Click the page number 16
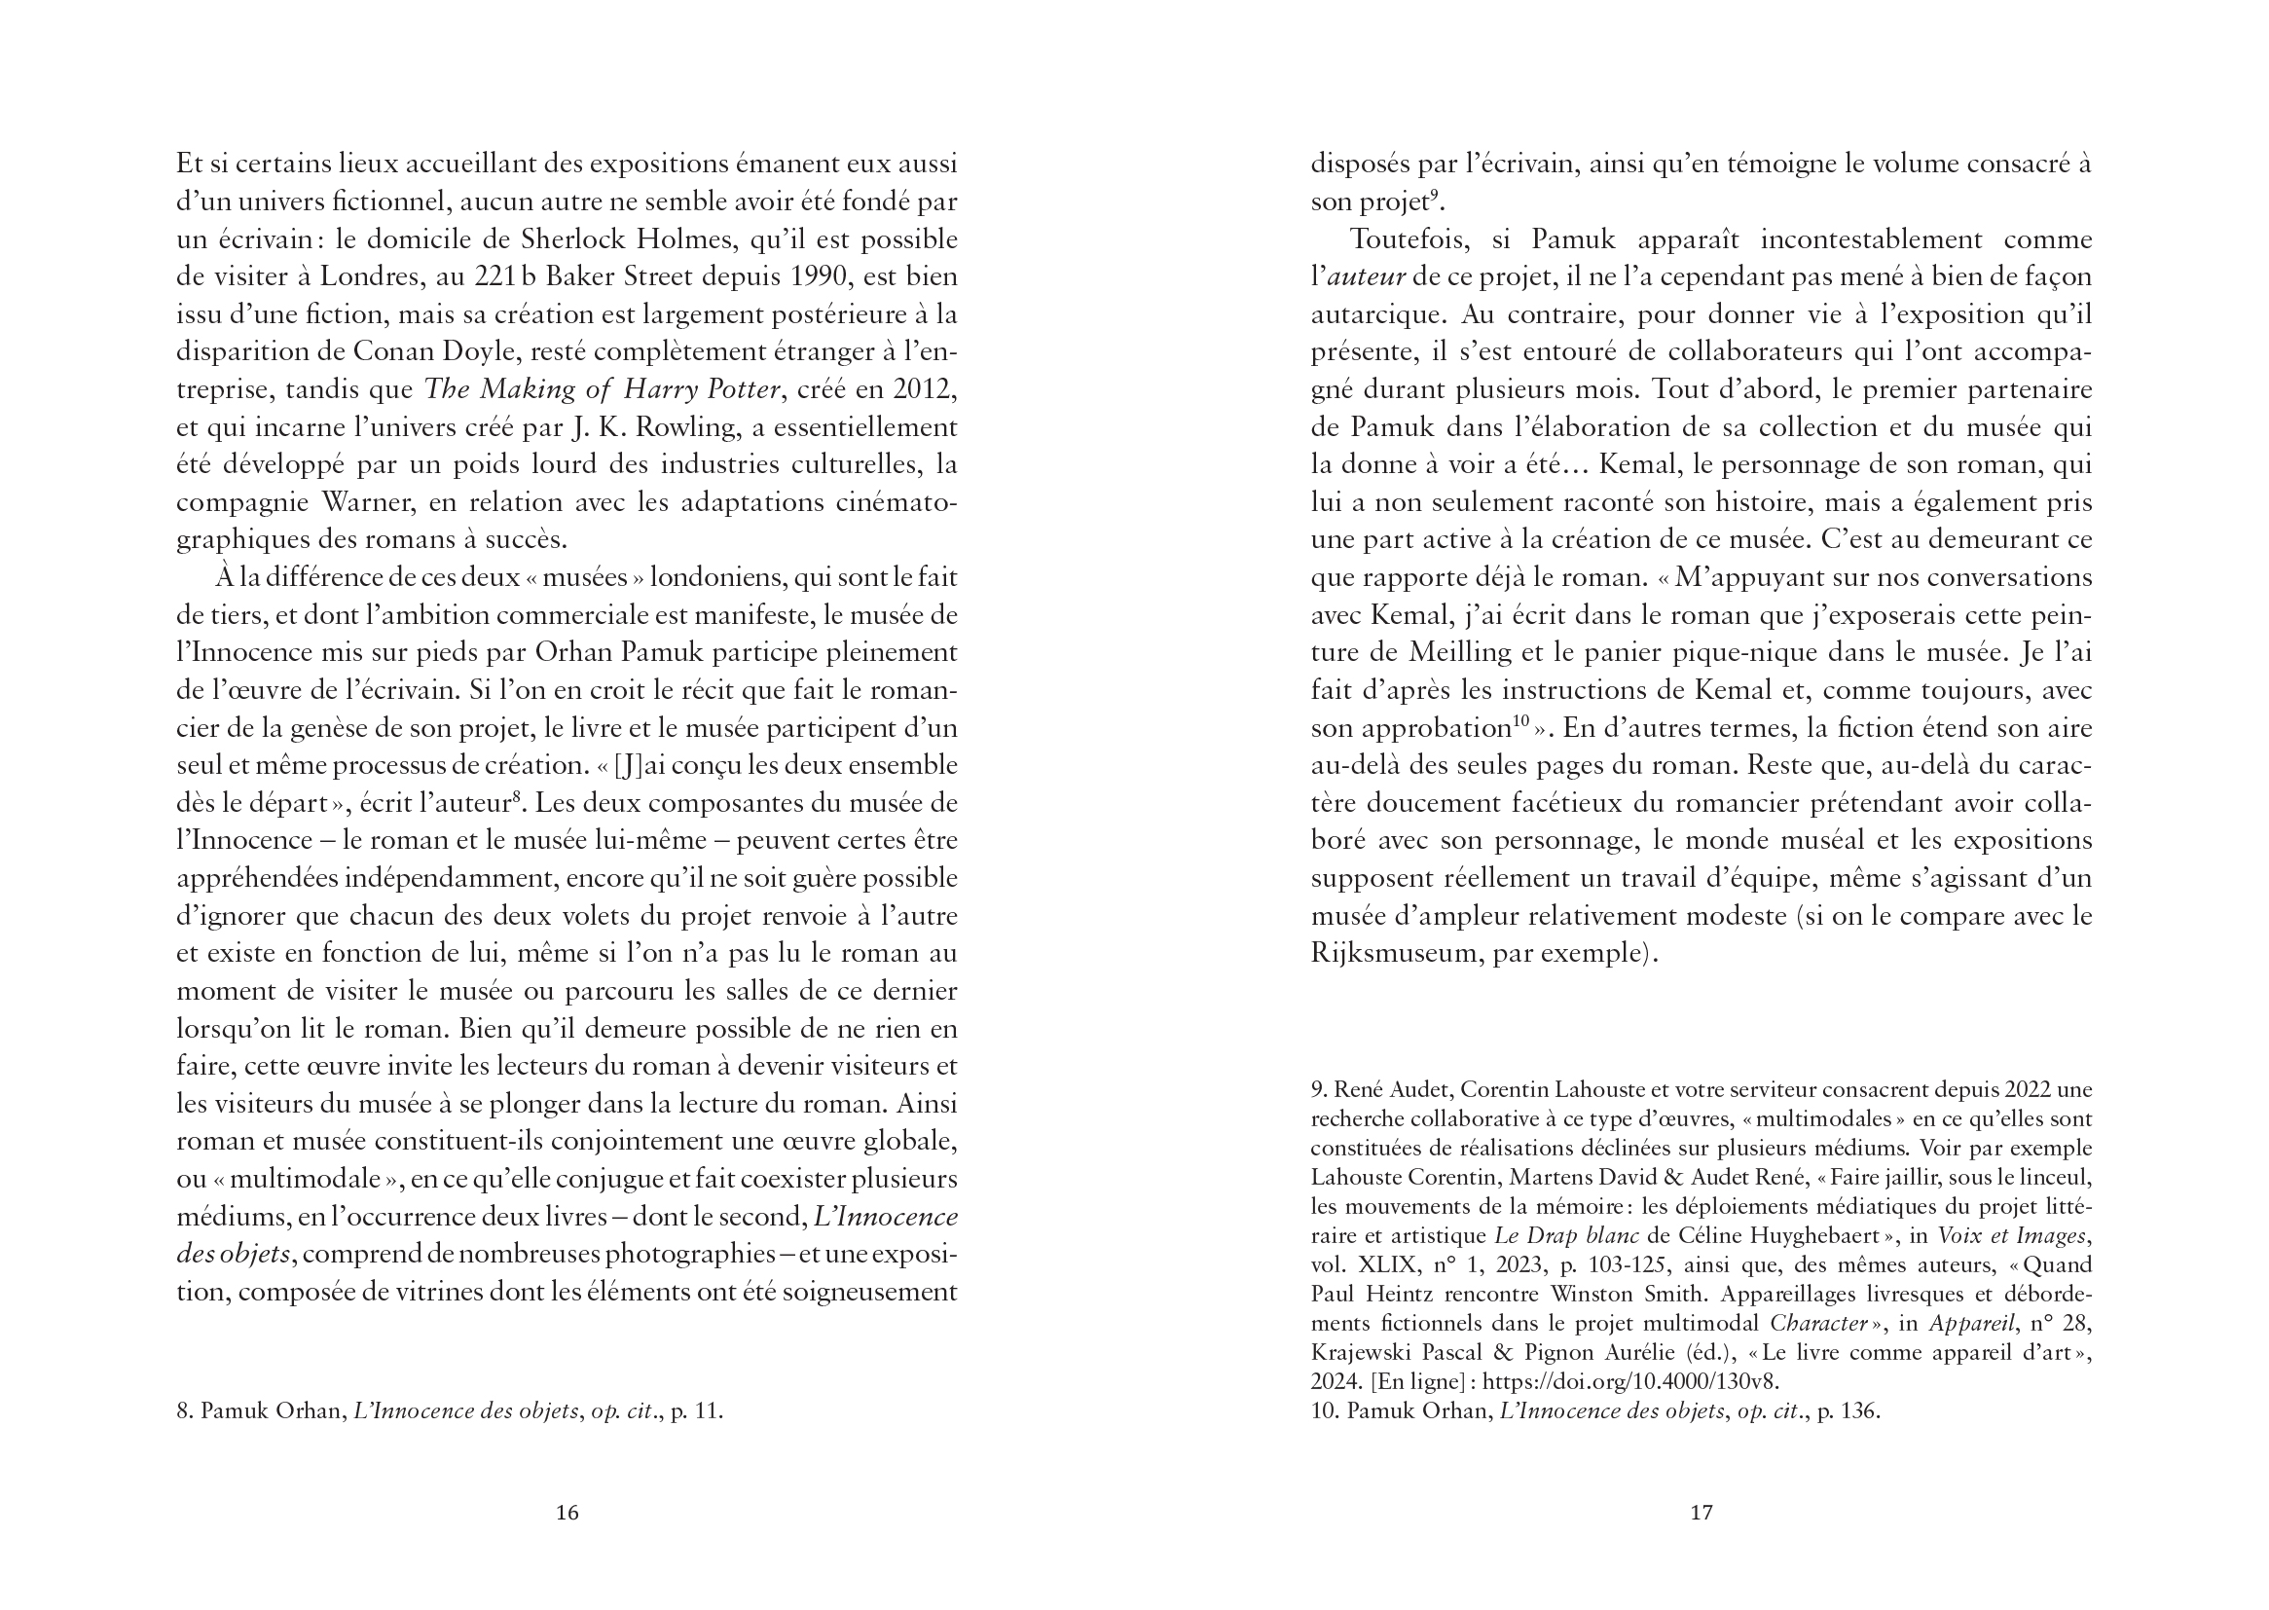[x=567, y=1512]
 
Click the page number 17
[x=1701, y=1512]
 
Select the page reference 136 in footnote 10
[x=1857, y=1410]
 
